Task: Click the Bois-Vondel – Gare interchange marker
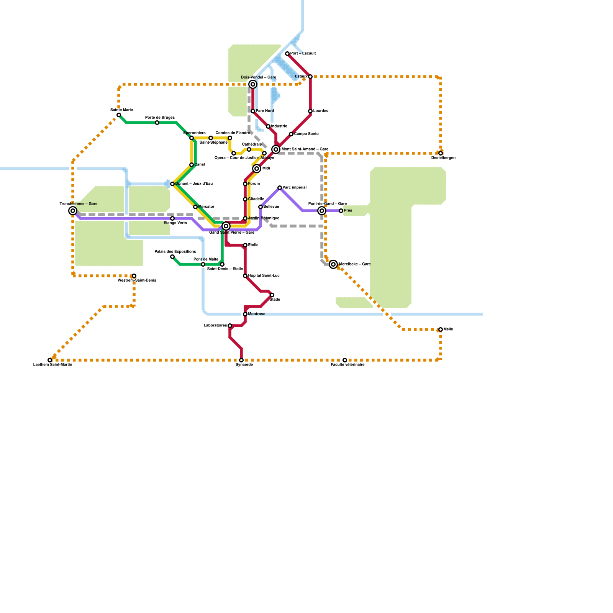pyautogui.click(x=253, y=84)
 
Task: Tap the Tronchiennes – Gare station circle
pyautogui.click(x=73, y=211)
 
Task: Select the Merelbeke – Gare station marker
pyautogui.click(x=333, y=264)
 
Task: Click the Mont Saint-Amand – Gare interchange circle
pyautogui.click(x=276, y=149)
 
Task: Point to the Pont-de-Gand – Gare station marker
pyautogui.click(x=322, y=211)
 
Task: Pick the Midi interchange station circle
pyautogui.click(x=257, y=169)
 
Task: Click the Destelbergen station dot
pyautogui.click(x=441, y=153)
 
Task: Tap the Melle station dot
pyautogui.click(x=441, y=329)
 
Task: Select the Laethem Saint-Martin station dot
pyautogui.click(x=50, y=360)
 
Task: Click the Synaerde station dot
pyautogui.click(x=241, y=360)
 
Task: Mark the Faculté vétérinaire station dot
pyautogui.click(x=345, y=360)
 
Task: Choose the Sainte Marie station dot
pyautogui.click(x=119, y=115)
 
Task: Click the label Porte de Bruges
pyautogui.click(x=160, y=118)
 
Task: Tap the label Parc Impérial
pyautogui.click(x=294, y=188)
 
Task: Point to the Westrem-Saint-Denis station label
pyautogui.click(x=137, y=280)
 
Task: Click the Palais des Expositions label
pyautogui.click(x=175, y=252)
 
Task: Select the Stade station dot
pyautogui.click(x=272, y=295)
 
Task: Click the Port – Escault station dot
pyautogui.click(x=287, y=54)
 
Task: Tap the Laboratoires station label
pyautogui.click(x=215, y=326)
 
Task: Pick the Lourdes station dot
pyautogui.click(x=310, y=111)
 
